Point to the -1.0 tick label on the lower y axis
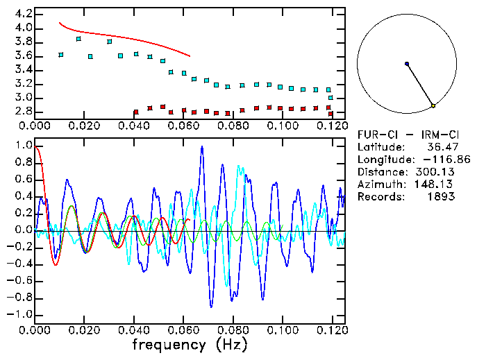[19, 314]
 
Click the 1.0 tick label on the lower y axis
[23, 146]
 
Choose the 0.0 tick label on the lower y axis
[23, 230]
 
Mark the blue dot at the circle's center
[407, 64]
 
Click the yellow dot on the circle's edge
[433, 105]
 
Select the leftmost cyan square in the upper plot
[61, 54]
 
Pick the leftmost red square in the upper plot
[136, 111]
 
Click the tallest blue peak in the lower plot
[201, 147]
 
